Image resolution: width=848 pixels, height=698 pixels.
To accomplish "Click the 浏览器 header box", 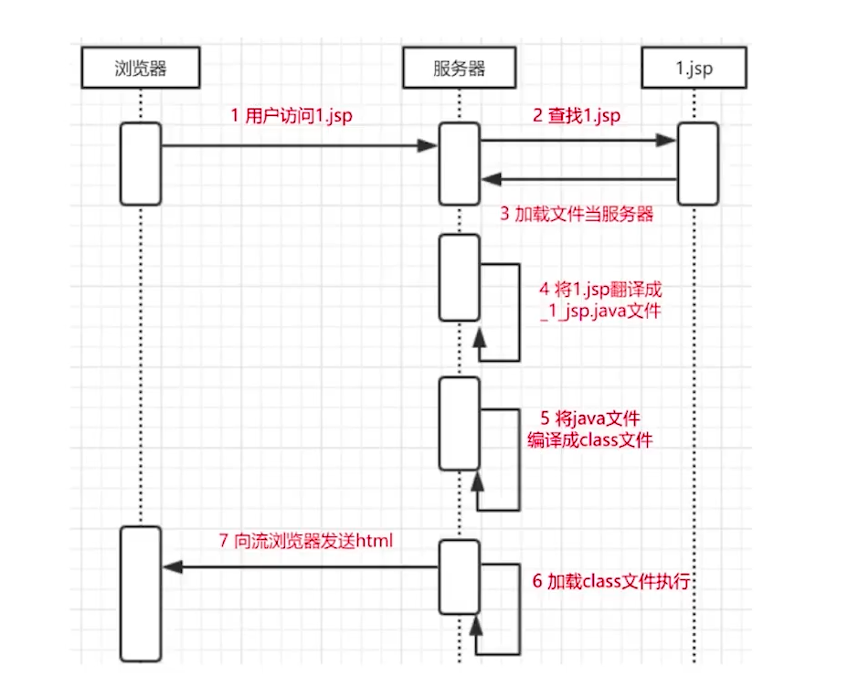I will click(141, 68).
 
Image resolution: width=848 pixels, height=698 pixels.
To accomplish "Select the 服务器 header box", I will click(459, 68).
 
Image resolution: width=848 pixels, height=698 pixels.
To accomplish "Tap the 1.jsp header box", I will click(694, 68).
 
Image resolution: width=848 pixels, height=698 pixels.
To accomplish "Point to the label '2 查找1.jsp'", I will click(577, 116).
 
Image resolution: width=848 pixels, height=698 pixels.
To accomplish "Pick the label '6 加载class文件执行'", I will click(617, 580).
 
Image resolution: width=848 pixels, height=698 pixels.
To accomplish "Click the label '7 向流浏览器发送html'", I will click(306, 541).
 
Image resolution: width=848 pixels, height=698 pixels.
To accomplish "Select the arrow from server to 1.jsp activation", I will click(578, 140).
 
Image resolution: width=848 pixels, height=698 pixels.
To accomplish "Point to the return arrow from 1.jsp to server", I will click(578, 179).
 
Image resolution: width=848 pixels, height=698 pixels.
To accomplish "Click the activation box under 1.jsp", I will click(697, 164).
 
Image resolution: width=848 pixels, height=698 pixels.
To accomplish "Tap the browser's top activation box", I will click(141, 164).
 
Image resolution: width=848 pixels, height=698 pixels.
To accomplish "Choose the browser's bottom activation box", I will click(141, 594).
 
